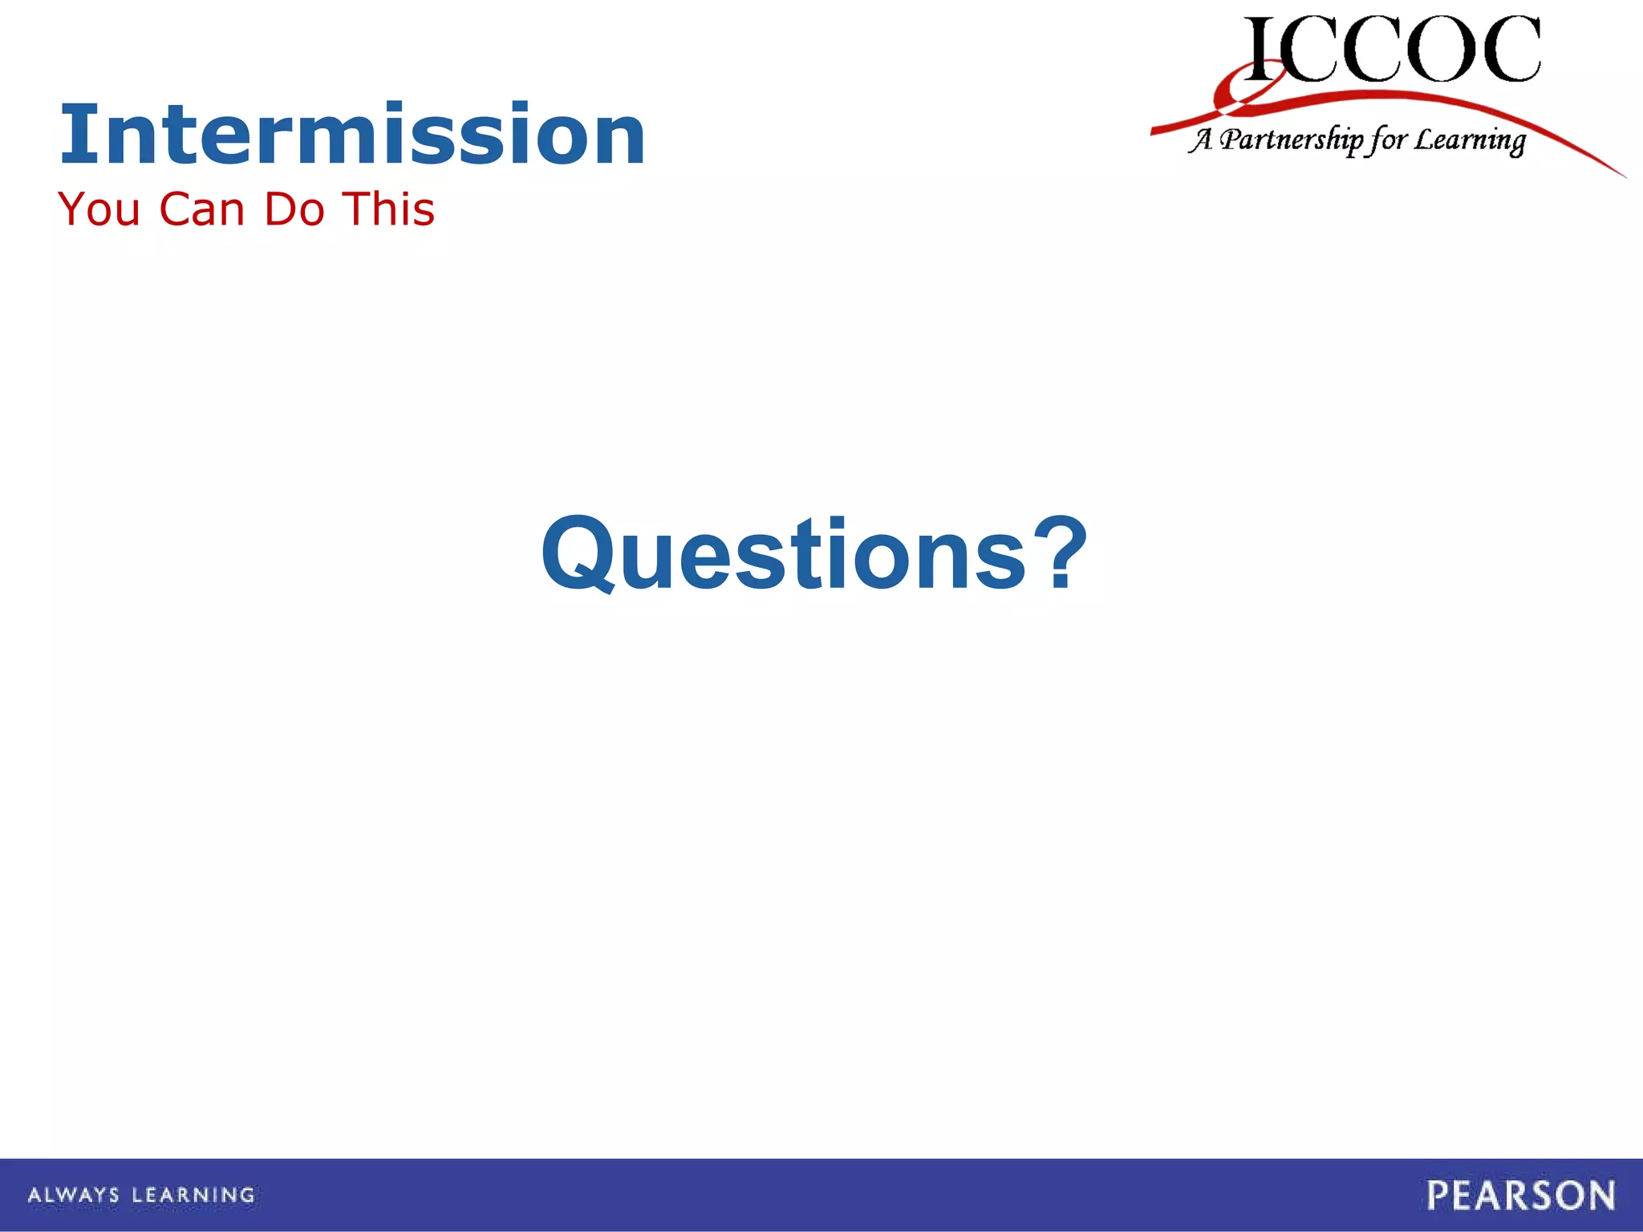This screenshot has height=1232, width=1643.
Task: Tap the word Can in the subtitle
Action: pyautogui.click(x=201, y=210)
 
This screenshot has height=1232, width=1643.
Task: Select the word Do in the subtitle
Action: pyautogui.click(x=294, y=210)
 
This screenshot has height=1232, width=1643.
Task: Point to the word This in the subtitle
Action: pyautogui.click(x=389, y=210)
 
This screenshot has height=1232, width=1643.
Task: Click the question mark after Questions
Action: pyautogui.click(x=1060, y=553)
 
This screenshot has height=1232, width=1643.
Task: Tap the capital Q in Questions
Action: pyautogui.click(x=579, y=555)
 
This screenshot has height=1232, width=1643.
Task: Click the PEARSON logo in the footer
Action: pyautogui.click(x=1520, y=1195)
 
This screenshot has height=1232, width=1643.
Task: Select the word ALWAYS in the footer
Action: pyautogui.click(x=74, y=1195)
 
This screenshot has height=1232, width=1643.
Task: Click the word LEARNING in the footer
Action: pyautogui.click(x=193, y=1195)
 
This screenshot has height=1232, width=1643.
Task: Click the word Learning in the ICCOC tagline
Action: pyautogui.click(x=1470, y=141)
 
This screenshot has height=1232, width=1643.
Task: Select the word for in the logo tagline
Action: pyautogui.click(x=1388, y=140)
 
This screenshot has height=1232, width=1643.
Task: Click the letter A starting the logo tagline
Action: pyautogui.click(x=1201, y=140)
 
